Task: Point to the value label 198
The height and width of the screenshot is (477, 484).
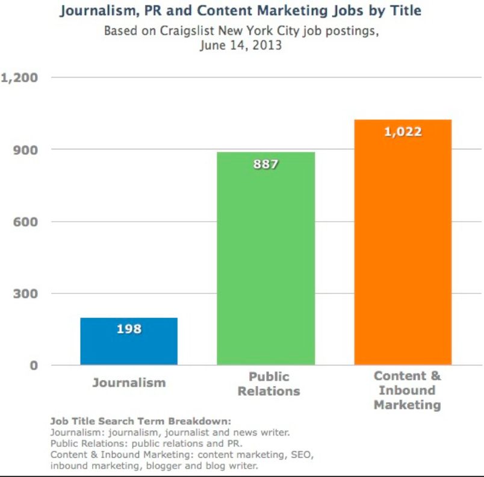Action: point(129,329)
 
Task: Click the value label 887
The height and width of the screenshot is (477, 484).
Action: point(266,163)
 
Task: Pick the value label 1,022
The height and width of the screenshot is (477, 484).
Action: point(403,132)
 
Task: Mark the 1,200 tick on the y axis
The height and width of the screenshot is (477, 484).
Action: point(20,78)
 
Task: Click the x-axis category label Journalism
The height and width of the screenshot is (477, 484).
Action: point(129,382)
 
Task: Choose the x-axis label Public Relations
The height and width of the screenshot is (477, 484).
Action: point(268,384)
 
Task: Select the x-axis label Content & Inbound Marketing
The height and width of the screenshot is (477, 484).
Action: point(407,390)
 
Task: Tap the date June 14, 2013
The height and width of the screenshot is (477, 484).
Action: point(241,46)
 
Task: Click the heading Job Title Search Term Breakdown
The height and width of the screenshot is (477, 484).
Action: point(141,421)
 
